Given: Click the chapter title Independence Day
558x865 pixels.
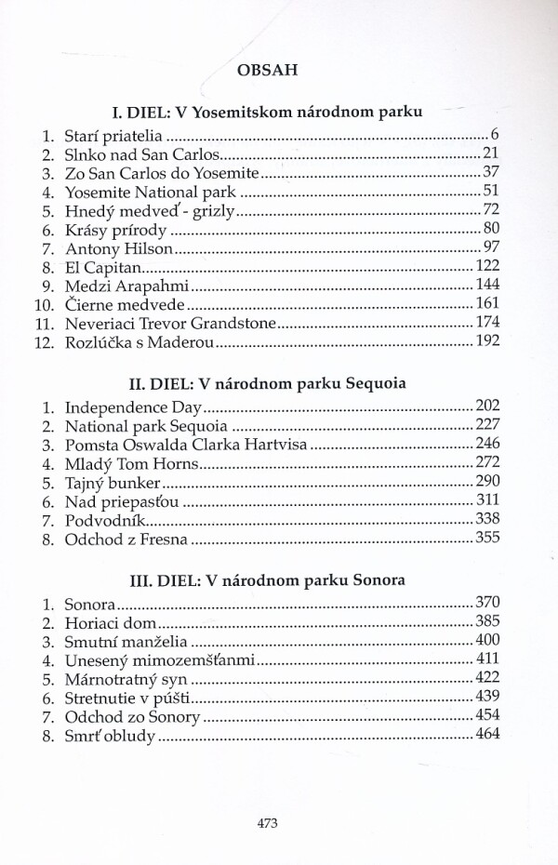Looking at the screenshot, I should click(134, 406).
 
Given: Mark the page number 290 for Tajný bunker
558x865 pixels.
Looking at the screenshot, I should click(489, 483).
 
